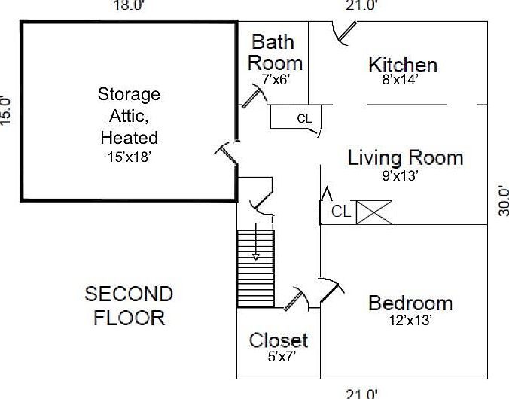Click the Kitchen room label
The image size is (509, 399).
coord(402,65)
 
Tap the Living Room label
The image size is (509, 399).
coord(405,158)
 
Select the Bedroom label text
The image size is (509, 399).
coord(410,303)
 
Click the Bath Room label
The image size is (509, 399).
coord(275,52)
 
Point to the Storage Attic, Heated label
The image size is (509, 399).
coord(129,116)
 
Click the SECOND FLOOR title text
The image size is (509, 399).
coord(129,305)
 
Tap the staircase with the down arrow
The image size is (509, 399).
coord(255,268)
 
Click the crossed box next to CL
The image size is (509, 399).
coord(374,212)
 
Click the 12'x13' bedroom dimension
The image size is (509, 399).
coord(410,320)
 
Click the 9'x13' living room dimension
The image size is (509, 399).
coord(400,176)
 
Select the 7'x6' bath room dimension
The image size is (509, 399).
coord(276,78)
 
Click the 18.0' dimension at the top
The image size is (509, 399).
coord(127,5)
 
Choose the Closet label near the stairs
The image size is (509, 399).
coord(279,340)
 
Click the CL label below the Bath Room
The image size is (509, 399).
coord(304,118)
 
